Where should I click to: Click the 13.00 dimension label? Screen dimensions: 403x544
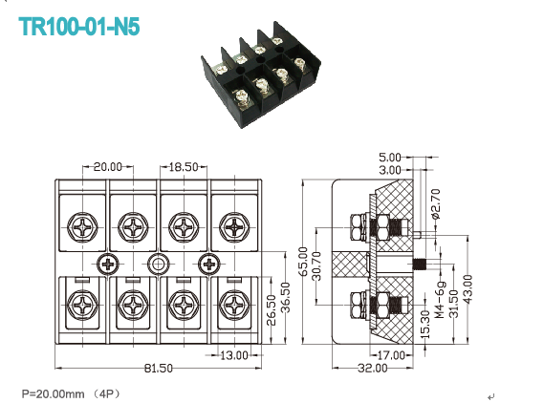(234, 355)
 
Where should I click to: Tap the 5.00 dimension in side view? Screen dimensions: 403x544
(390, 158)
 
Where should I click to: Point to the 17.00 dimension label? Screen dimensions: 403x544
(391, 355)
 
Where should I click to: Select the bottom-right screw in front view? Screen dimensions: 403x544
(232, 305)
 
